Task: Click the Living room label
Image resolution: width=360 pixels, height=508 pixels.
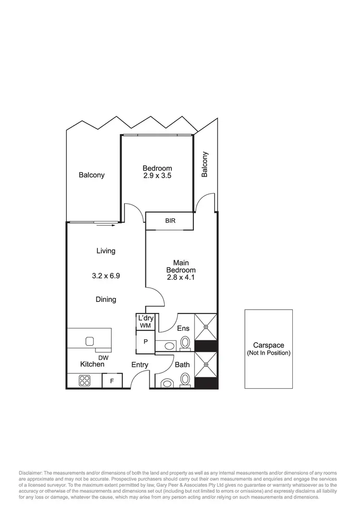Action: pyautogui.click(x=106, y=251)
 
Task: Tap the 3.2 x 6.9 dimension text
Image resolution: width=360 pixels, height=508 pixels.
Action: pyautogui.click(x=106, y=276)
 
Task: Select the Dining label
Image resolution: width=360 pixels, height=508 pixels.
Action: pyautogui.click(x=106, y=300)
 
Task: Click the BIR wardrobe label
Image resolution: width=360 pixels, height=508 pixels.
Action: pyautogui.click(x=170, y=221)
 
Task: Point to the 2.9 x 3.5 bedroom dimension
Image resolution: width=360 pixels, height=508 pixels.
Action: pyautogui.click(x=157, y=176)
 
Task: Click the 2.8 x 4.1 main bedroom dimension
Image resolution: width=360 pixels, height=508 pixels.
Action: pyautogui.click(x=181, y=277)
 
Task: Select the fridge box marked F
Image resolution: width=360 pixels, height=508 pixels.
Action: pyautogui.click(x=112, y=381)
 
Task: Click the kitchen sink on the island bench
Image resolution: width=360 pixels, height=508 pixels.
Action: pyautogui.click(x=90, y=341)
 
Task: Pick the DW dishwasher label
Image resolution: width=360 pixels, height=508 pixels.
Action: pyautogui.click(x=103, y=357)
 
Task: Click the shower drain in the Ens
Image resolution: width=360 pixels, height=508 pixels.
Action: pyautogui.click(x=205, y=326)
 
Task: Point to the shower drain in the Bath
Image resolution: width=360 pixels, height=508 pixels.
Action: pyautogui.click(x=205, y=364)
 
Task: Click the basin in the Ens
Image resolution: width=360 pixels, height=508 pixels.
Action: pyautogui.click(x=168, y=345)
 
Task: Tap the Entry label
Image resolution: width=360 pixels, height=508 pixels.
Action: pyautogui.click(x=140, y=365)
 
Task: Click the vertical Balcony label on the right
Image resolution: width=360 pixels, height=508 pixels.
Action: pyautogui.click(x=205, y=164)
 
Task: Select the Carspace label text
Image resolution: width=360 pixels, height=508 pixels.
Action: pyautogui.click(x=268, y=345)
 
